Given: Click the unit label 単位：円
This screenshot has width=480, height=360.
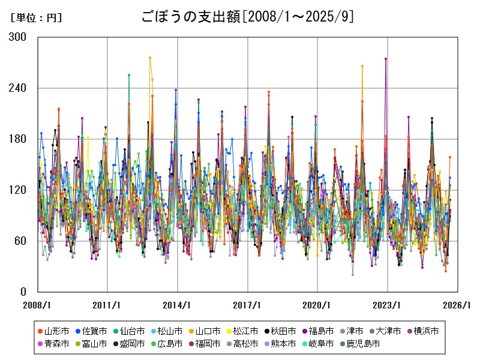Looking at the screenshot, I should click(36, 18).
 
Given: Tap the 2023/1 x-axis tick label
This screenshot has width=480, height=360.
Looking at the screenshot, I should click(388, 305).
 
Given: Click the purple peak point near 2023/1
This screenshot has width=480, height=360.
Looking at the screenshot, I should click(386, 59).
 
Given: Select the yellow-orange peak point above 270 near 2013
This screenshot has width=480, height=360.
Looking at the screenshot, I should click(150, 58).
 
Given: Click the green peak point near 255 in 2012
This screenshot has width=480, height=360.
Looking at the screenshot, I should click(129, 75).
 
